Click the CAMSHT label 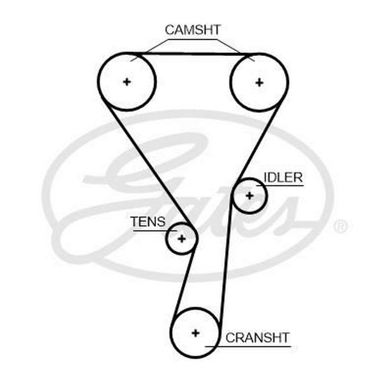[193, 30]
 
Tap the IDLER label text [283, 177]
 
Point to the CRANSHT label [258, 337]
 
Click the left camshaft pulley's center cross [127, 82]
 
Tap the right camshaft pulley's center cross [259, 82]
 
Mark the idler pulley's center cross [250, 195]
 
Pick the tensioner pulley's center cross [181, 238]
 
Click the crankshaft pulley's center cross [195, 333]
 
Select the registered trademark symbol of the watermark [340, 227]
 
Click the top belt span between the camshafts [192, 54]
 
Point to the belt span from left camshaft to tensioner [149, 165]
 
